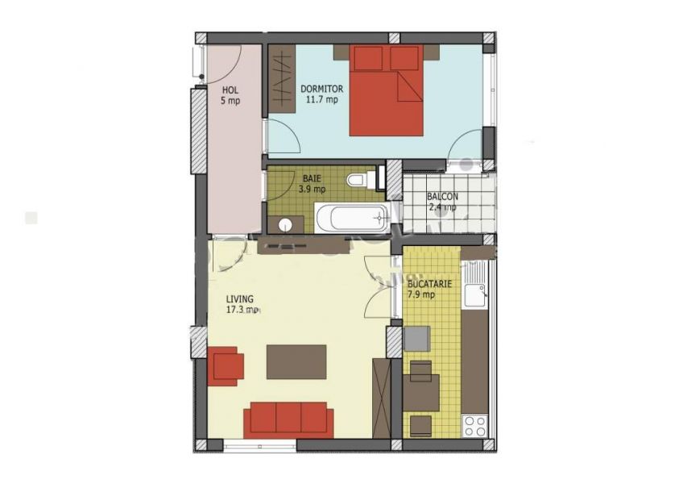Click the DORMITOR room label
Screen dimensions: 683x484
[322, 89]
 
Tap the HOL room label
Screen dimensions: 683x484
[230, 90]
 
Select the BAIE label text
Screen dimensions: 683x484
[312, 178]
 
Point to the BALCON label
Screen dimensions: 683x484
[442, 197]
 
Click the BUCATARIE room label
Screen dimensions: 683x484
[429, 284]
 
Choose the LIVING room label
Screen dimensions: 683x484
[239, 299]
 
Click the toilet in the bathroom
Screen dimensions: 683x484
[362, 179]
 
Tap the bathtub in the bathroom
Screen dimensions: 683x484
[351, 219]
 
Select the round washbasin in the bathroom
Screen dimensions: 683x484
[285, 225]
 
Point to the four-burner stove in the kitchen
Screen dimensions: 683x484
[475, 426]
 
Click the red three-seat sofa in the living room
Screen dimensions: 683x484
[288, 419]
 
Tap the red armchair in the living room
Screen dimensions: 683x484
[226, 366]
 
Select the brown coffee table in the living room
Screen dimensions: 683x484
[296, 362]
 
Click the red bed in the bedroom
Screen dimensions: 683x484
[386, 90]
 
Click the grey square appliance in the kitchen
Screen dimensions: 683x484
[417, 339]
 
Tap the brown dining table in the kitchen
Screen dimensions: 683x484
[420, 393]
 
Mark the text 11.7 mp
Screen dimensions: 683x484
[321, 99]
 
